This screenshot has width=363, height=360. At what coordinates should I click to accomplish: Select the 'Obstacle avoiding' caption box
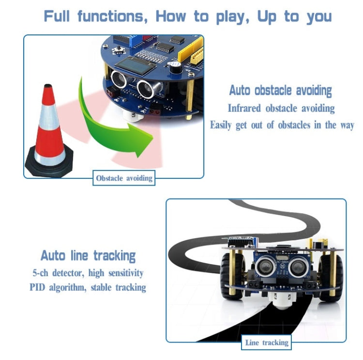point(124,178)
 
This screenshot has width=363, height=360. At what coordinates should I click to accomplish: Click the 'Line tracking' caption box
point(266,343)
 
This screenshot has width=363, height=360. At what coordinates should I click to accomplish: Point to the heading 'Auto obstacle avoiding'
point(280,91)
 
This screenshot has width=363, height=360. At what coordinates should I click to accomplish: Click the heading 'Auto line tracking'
point(88,255)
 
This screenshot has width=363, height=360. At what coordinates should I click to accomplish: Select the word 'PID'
point(37,287)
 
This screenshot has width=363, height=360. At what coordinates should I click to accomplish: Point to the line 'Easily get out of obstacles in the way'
point(282,125)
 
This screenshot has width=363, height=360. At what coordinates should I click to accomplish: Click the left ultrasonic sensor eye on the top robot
point(119,78)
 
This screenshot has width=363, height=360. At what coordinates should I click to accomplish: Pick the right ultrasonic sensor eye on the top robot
point(146,87)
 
